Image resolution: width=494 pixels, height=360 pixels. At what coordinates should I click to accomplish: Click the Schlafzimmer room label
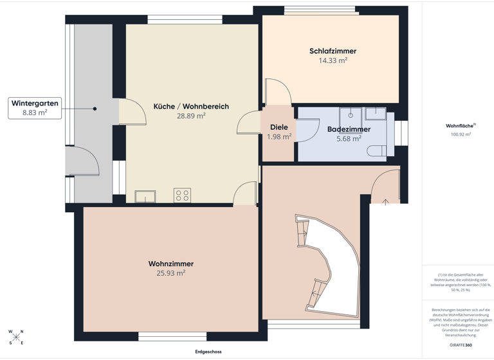coord(333,51)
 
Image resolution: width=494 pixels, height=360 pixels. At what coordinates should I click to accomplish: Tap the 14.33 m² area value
coord(333,60)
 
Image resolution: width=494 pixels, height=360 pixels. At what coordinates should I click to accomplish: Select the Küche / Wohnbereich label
coord(191,106)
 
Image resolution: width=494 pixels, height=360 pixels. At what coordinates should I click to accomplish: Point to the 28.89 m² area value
coord(191,116)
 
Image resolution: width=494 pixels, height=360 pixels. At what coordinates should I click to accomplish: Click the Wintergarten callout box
coord(35,107)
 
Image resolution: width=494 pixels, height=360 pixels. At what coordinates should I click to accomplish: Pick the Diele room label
coord(279,127)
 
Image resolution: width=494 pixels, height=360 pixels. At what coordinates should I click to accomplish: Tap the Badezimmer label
coord(348,129)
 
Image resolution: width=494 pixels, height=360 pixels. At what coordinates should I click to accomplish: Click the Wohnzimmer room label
coord(170,264)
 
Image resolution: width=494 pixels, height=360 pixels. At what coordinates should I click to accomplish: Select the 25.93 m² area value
coord(170,273)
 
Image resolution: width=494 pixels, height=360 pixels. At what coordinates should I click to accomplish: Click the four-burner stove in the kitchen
coord(182,195)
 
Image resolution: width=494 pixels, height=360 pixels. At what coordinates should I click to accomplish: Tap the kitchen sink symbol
coord(145,196)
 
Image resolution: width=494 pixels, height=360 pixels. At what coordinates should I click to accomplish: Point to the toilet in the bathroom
coord(378,150)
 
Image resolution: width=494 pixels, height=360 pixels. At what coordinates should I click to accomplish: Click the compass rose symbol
coord(16,337)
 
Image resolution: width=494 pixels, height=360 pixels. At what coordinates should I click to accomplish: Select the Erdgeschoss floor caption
coord(208,352)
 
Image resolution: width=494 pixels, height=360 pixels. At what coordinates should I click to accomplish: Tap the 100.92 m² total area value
coord(461,134)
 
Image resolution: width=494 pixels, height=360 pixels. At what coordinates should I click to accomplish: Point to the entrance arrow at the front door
coord(385,203)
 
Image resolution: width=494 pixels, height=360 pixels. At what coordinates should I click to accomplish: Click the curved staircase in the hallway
coord(328,264)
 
